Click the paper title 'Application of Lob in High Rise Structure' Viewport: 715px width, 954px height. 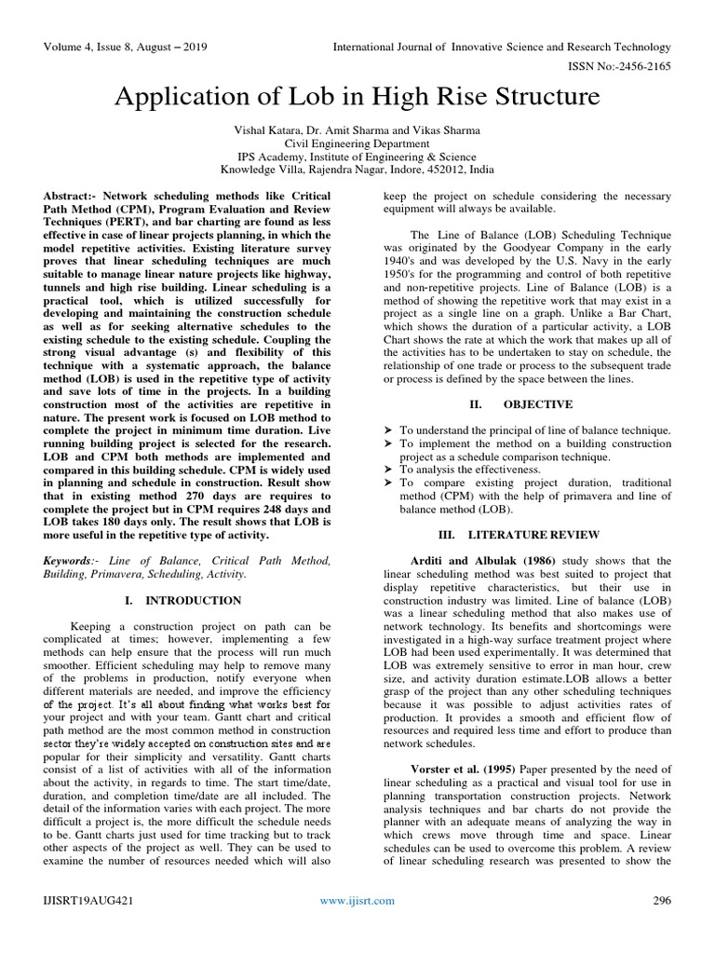(x=357, y=97)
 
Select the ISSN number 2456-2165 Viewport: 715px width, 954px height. (x=643, y=68)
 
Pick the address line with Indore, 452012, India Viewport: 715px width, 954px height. (x=357, y=170)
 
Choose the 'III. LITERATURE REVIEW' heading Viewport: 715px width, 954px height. (x=526, y=535)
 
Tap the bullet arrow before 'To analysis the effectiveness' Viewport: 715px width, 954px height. (x=389, y=470)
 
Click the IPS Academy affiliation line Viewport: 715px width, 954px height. (x=357, y=157)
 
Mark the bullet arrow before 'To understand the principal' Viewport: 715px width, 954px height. (x=389, y=429)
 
